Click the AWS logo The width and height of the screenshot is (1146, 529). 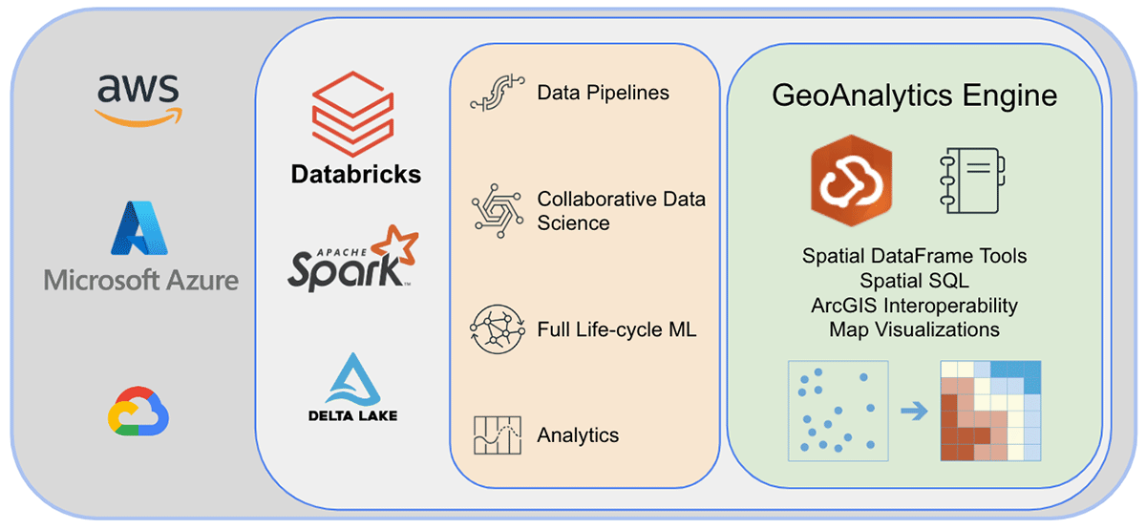pyautogui.click(x=139, y=98)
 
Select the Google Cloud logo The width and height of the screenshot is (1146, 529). pyautogui.click(x=139, y=413)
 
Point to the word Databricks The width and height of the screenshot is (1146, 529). pyautogui.click(x=355, y=175)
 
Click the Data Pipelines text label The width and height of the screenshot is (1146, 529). pyautogui.click(x=603, y=93)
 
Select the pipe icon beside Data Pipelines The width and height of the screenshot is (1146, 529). pyautogui.click(x=498, y=95)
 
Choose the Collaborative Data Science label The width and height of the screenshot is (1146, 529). pyautogui.click(x=621, y=211)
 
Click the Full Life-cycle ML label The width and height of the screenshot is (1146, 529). pyautogui.click(x=617, y=330)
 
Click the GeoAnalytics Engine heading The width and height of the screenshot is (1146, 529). pyautogui.click(x=914, y=95)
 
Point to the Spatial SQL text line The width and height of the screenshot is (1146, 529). pyautogui.click(x=914, y=281)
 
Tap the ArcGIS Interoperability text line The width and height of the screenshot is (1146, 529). pyautogui.click(x=914, y=306)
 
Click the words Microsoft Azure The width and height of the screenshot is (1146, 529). pyautogui.click(x=141, y=280)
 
